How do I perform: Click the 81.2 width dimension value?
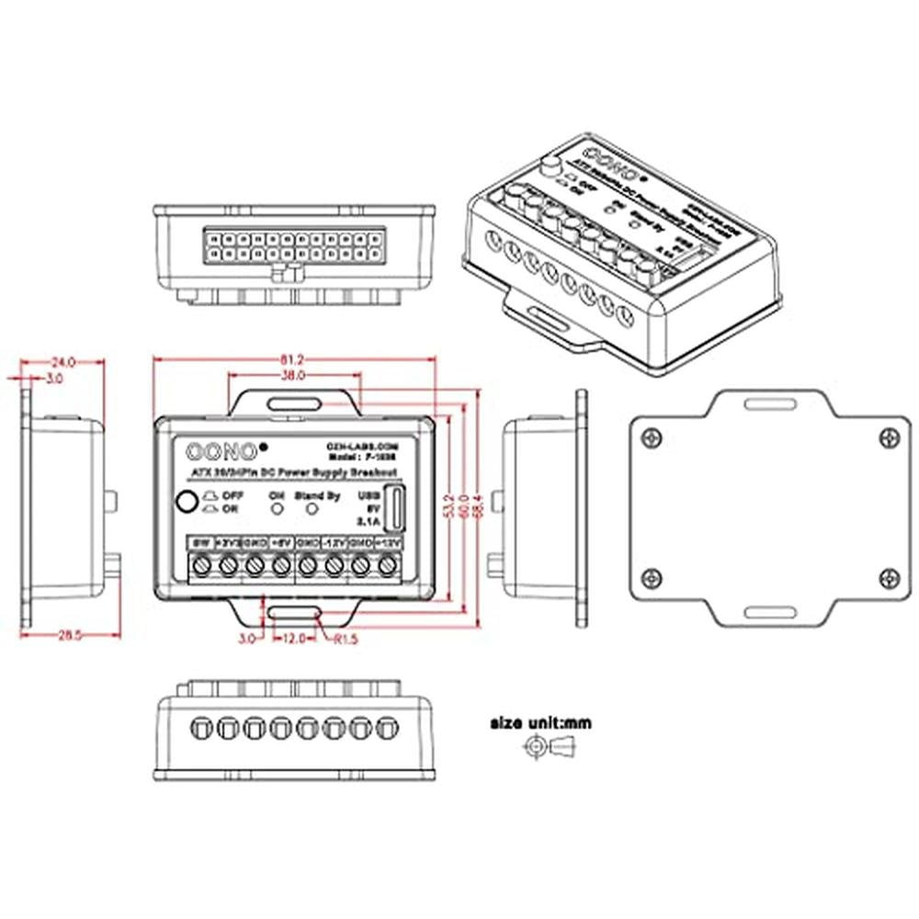click(x=291, y=359)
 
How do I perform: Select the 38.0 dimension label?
click(x=292, y=377)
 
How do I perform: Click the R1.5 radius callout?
click(x=342, y=639)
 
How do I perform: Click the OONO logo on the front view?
click(x=222, y=450)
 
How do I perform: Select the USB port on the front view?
click(x=396, y=509)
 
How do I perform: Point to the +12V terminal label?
click(x=389, y=543)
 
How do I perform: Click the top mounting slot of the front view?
click(x=294, y=403)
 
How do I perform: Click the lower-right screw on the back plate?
click(x=888, y=577)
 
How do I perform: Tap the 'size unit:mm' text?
click(x=540, y=723)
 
